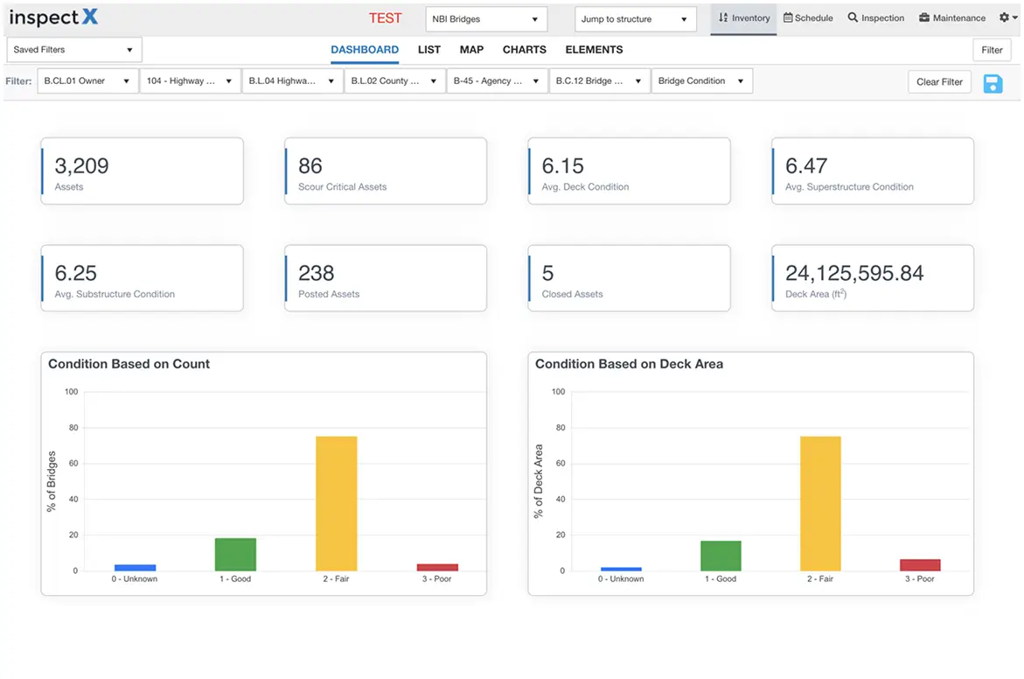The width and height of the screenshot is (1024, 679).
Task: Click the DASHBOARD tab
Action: click(364, 50)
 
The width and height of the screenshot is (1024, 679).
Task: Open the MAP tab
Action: click(471, 50)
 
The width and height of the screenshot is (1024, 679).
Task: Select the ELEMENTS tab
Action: click(594, 50)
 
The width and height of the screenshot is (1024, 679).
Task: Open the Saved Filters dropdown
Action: click(73, 50)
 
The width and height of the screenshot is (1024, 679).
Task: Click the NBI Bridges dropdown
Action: click(485, 19)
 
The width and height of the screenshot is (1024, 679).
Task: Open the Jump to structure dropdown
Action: click(635, 19)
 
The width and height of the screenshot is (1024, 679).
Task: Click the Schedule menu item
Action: click(808, 18)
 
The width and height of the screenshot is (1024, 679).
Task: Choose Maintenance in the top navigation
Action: click(952, 18)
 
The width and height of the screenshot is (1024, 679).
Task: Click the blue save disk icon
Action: click(993, 83)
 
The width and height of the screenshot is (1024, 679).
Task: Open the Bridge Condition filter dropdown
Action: click(701, 81)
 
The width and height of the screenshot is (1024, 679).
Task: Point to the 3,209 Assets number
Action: click(81, 166)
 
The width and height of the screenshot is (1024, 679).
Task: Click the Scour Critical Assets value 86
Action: click(310, 166)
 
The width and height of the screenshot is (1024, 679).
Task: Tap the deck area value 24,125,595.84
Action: click(854, 274)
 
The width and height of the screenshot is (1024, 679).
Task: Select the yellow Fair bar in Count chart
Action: click(336, 503)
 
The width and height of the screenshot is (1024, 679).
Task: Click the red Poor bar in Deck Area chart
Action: click(920, 565)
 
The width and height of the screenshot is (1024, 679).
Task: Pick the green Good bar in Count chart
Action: click(235, 555)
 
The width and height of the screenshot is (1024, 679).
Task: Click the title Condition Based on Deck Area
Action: click(629, 364)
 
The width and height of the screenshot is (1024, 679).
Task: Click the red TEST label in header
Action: click(385, 18)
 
